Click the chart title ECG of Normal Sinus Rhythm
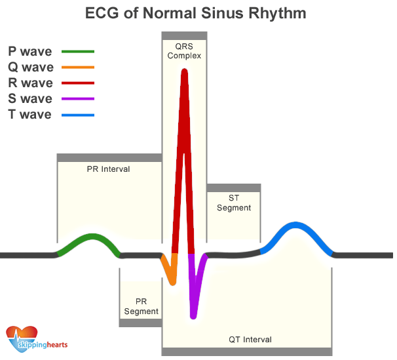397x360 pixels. (197, 13)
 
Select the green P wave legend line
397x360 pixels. (78, 51)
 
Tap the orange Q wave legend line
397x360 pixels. (78, 67)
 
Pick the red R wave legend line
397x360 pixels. (78, 83)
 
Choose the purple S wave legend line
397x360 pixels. (78, 99)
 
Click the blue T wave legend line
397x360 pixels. (78, 115)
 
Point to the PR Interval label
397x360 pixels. (108, 169)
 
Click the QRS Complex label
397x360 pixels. (184, 51)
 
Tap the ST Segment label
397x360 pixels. (234, 203)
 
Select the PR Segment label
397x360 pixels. (141, 307)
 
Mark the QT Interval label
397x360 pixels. (250, 340)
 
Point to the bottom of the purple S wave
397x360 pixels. (193, 316)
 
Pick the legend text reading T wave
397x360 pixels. (29, 115)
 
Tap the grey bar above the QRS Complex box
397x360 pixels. (184, 35)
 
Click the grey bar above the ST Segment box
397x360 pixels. (234, 188)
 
